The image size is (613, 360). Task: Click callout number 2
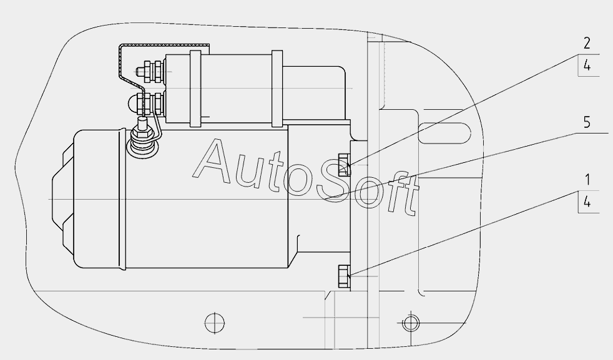coord(586,43)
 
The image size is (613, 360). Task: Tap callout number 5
coord(586,122)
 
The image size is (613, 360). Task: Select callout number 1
coord(587,180)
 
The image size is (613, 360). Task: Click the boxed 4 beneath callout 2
coord(587,66)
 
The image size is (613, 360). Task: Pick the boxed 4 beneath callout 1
coord(587,202)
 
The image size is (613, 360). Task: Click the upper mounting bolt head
coord(343,165)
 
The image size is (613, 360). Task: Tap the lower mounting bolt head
coord(343,276)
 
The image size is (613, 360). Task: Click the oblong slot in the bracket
coord(444,134)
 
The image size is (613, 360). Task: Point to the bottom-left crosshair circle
coord(215,323)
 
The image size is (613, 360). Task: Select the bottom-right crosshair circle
coord(410,323)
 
